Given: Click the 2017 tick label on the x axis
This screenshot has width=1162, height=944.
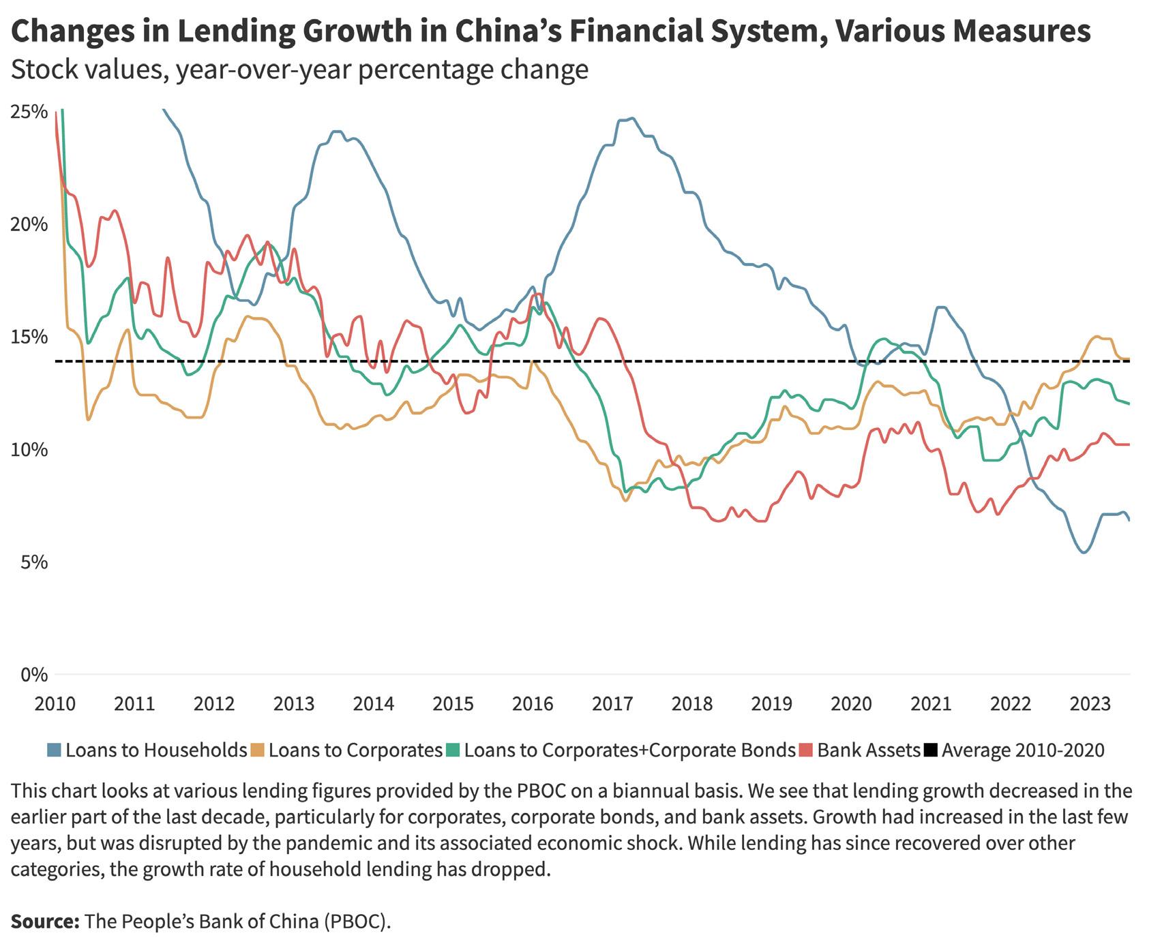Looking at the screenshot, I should [x=612, y=703].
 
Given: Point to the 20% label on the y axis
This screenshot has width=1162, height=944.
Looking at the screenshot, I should [x=29, y=225].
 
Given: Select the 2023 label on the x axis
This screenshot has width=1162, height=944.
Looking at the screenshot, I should [x=1090, y=703].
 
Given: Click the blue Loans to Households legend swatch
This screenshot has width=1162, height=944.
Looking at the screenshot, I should [x=55, y=750].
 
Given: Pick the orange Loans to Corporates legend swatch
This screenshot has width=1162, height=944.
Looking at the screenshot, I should [x=258, y=750].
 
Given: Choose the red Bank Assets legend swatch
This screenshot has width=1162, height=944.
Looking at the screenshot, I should [x=807, y=750].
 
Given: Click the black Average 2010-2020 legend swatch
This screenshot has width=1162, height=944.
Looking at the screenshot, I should [x=931, y=750].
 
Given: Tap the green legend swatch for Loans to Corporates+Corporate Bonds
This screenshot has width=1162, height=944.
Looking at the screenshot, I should [x=453, y=750].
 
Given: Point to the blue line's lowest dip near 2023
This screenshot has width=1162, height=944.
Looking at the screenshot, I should [x=1084, y=552].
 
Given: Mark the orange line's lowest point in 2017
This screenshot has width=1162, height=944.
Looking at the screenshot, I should [x=625, y=501].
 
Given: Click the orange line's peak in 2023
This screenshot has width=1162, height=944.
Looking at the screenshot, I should [x=1097, y=337].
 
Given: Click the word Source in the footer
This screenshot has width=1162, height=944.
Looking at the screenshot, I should [x=44, y=922].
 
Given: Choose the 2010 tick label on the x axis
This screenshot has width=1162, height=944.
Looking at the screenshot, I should [x=55, y=703].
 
